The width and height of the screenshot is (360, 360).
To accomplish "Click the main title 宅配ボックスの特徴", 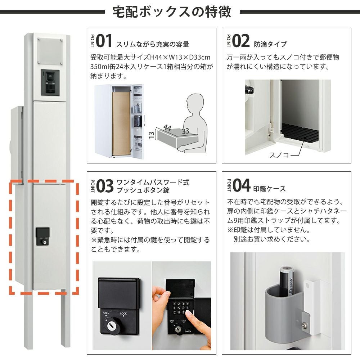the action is coord(172,12).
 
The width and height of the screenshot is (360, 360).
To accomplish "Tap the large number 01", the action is coord(104,41).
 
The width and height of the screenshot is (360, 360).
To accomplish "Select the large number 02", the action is coord(240,41).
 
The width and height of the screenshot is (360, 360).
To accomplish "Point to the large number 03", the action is coord(105,186).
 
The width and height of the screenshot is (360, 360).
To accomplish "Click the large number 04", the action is coord(241,185).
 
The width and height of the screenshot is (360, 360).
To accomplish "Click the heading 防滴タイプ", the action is coord(270,44).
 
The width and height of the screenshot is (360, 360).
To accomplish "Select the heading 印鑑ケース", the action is coord(269,189).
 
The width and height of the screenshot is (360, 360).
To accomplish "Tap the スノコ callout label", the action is coord(279,155).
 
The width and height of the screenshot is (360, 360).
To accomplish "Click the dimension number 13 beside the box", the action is coord(151,135).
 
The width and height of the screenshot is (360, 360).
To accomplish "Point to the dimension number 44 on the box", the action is coord(167,127).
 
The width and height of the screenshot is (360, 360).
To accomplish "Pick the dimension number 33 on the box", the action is coord(185,131).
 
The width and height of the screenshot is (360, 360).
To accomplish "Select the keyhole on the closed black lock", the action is coord(110,325).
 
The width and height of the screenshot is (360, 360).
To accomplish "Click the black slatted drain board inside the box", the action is coord(300,132).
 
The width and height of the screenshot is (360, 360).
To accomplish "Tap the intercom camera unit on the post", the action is coord(50,82).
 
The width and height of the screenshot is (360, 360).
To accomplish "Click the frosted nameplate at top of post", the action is coord(50,51).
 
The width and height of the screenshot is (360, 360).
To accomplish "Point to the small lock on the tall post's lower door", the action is coord(43,237).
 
